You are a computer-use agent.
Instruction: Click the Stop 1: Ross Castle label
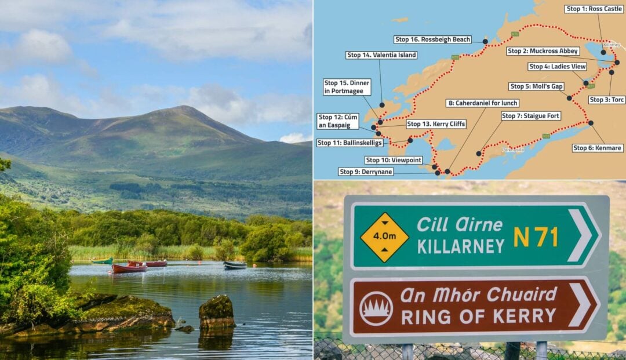594,9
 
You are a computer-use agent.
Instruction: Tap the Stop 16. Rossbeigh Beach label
432,39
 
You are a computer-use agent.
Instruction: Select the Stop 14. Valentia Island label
381,55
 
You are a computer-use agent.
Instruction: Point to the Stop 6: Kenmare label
598,148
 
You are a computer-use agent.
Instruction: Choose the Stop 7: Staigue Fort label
530,116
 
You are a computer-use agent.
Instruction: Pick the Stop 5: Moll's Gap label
536,86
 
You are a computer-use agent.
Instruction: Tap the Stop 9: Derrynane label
366,172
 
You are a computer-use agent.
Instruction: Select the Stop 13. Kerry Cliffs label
436,124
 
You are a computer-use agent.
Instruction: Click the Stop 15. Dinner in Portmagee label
347,87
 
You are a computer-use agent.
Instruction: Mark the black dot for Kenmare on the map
591,123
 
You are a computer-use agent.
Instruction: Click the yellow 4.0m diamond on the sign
384,237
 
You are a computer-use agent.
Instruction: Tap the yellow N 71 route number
536,237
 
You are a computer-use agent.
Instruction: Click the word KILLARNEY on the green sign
461,246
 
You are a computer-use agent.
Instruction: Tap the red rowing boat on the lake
129,268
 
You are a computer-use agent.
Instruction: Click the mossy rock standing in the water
217,312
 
